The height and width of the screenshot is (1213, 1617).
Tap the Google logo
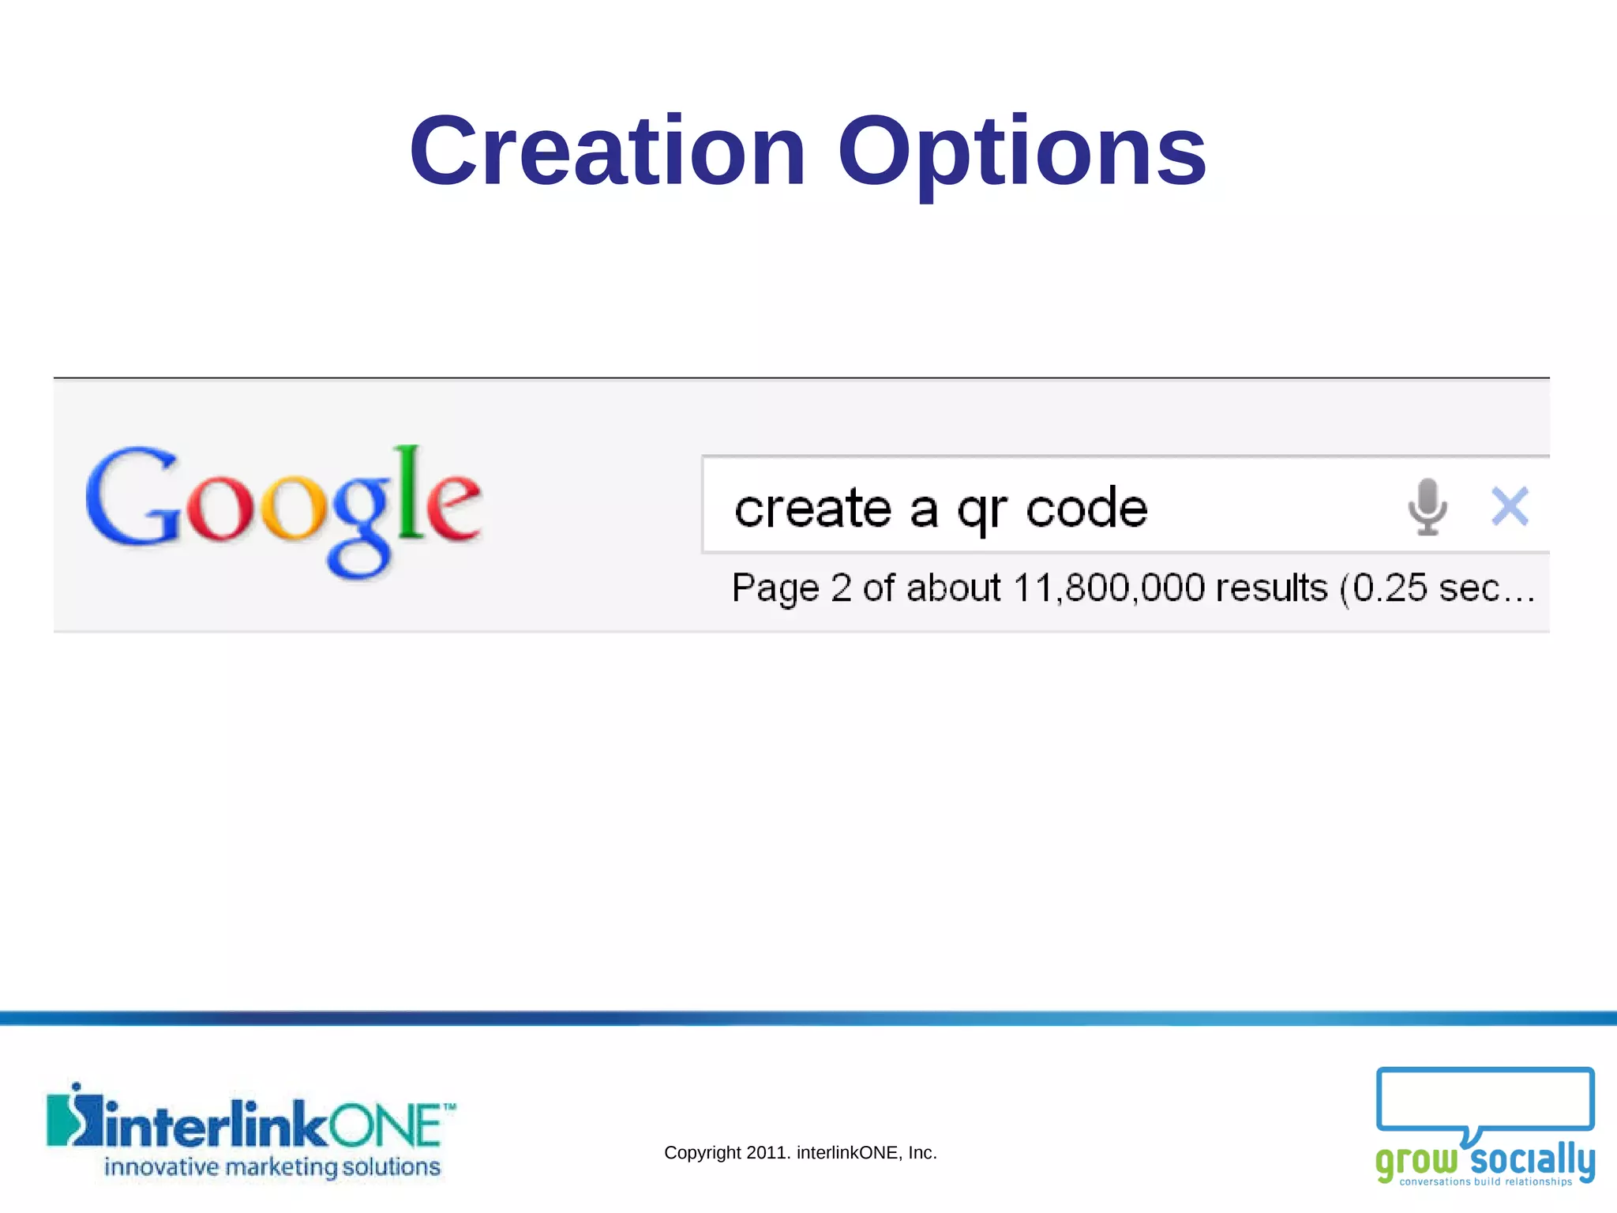point(283,509)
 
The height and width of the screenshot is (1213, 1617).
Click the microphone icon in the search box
point(1427,506)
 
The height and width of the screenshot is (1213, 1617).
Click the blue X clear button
point(1510,506)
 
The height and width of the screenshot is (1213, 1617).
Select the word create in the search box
point(813,508)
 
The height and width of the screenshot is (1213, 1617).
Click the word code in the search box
point(1086,508)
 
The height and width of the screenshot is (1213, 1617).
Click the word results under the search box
point(1272,588)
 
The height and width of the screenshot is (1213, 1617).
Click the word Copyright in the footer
point(703,1153)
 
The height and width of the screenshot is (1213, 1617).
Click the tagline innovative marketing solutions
point(272,1167)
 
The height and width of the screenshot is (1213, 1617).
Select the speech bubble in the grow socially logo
point(1484,1102)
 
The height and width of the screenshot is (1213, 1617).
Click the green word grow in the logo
point(1416,1162)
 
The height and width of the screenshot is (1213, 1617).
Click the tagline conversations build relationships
point(1486,1182)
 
